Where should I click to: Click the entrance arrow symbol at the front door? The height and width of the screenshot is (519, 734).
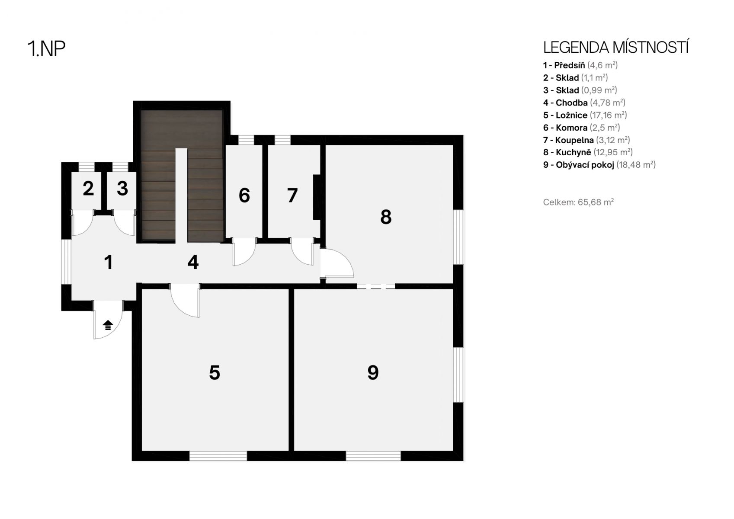[108, 325]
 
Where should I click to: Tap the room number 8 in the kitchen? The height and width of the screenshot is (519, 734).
[386, 217]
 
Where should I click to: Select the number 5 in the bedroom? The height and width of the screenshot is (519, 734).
[215, 372]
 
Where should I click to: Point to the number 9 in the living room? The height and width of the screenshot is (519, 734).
[373, 372]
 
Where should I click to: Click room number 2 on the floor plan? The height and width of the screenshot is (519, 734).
[88, 189]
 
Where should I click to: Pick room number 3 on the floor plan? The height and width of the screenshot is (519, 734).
[122, 189]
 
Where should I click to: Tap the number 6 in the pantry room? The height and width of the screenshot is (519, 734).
[244, 195]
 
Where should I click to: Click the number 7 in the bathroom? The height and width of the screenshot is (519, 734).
[292, 195]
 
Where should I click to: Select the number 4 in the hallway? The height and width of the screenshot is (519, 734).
[193, 263]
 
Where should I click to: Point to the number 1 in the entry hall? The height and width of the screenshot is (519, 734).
[109, 263]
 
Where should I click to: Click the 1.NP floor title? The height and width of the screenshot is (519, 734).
[46, 49]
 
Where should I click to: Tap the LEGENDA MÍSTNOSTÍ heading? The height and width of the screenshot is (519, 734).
[616, 48]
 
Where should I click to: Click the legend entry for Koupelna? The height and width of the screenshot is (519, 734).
[586, 140]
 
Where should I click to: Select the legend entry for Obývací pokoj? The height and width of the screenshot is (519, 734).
[599, 165]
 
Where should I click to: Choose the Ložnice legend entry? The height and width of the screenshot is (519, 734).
[585, 115]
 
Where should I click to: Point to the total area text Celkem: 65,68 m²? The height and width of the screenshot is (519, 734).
[578, 202]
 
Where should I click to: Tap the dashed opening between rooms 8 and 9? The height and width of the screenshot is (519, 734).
[376, 286]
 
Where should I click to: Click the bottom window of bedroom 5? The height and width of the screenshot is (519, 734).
[218, 456]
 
